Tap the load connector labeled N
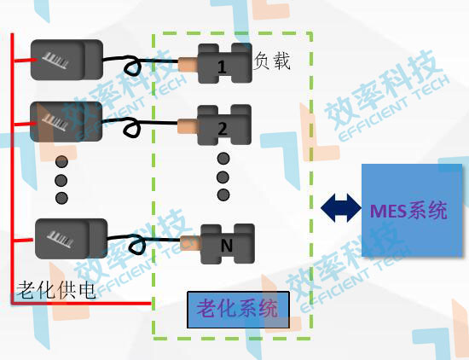226,243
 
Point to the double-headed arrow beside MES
341,206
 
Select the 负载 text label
273,61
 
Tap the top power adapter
67,60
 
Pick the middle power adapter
67,124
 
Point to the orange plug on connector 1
187,62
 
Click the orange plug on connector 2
187,128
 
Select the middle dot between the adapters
61,179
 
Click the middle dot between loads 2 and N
223,177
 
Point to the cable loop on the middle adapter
132,129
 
